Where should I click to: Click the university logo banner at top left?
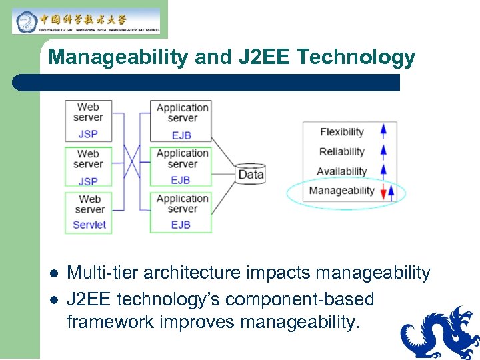point(86,21)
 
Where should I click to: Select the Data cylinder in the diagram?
point(251,174)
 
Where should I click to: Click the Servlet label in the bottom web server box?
point(89,225)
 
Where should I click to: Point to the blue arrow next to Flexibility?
point(383,131)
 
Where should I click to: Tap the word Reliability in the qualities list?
point(341,152)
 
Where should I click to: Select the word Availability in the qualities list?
point(341,171)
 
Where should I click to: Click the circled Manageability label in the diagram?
point(341,191)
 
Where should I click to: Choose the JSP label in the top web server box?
point(88,134)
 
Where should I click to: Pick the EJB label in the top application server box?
point(181,135)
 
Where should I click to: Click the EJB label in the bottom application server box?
point(181,225)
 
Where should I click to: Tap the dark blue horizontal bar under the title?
point(207,83)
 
